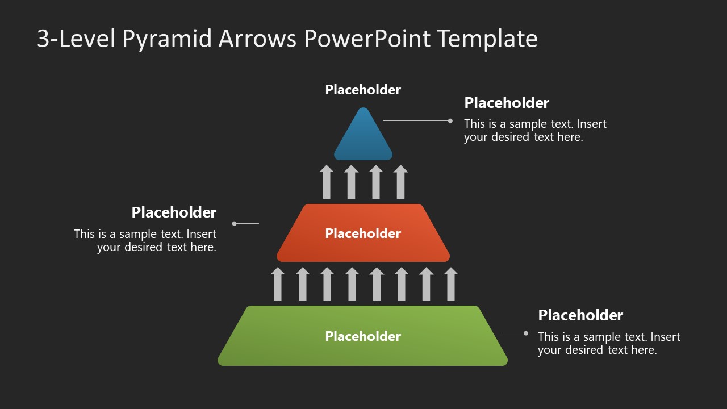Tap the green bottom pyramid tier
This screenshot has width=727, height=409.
(x=363, y=349)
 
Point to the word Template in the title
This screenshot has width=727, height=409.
(x=487, y=39)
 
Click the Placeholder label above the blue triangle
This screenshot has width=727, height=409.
(x=363, y=90)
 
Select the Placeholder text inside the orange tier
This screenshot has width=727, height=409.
(x=363, y=233)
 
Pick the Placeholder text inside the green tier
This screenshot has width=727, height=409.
(x=363, y=336)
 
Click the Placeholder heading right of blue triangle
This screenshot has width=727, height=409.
(x=507, y=103)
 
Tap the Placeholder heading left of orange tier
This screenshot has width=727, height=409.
(x=174, y=212)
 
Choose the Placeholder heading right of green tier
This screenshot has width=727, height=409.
(x=580, y=315)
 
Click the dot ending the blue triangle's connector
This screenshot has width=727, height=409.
(x=450, y=120)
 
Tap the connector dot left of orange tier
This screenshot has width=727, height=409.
(x=235, y=224)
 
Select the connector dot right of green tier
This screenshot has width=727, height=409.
(x=526, y=333)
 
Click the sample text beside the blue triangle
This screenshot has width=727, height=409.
(x=535, y=130)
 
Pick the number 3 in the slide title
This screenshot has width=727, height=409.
(x=43, y=39)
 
